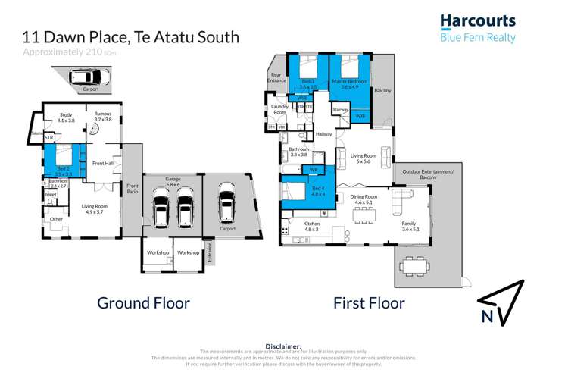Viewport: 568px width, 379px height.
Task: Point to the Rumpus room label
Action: pyautogui.click(x=102, y=117)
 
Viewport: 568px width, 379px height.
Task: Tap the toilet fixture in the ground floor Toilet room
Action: pyautogui.click(x=50, y=202)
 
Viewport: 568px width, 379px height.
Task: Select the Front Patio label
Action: pyautogui.click(x=133, y=187)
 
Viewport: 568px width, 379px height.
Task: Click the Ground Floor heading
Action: pyautogui.click(x=143, y=303)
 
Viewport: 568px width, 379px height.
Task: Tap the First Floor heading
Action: pyautogui.click(x=369, y=303)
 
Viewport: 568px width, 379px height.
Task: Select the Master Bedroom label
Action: pyautogui.click(x=348, y=83)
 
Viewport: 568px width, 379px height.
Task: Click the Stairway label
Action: pyautogui.click(x=341, y=110)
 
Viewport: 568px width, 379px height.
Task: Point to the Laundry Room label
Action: pyautogui.click(x=279, y=110)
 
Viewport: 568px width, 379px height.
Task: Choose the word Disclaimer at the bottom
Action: pyautogui.click(x=283, y=346)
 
